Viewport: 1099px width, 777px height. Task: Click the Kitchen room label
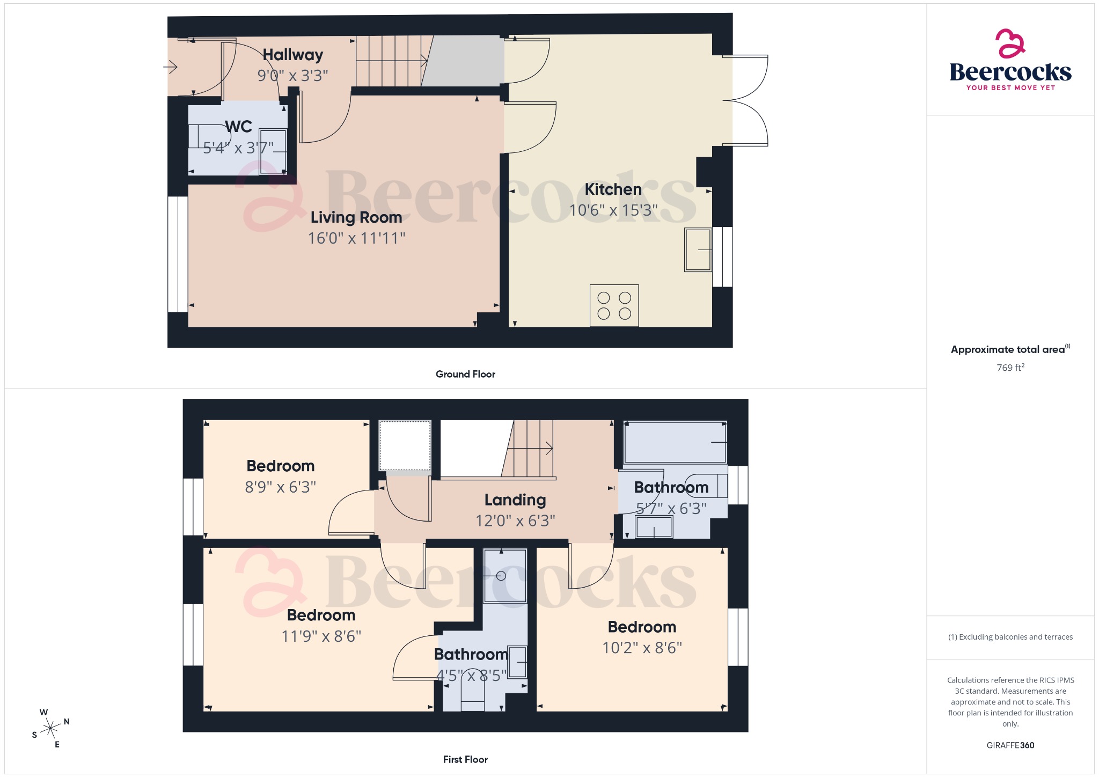point(613,189)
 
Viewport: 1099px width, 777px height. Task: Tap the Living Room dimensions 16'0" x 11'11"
point(356,238)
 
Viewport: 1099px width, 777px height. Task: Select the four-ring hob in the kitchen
point(614,305)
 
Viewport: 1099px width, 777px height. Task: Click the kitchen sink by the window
point(698,250)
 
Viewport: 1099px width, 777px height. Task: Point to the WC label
point(238,127)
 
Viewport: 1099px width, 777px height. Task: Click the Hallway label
point(292,55)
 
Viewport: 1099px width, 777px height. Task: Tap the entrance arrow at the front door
point(170,67)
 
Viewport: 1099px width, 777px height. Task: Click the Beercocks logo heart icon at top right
point(1010,43)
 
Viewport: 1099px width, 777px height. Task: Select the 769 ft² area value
point(1010,368)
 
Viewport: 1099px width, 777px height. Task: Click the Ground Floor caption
point(465,374)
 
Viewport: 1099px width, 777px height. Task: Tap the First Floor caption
point(465,759)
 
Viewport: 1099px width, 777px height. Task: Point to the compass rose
point(50,728)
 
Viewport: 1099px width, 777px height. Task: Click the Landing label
point(515,500)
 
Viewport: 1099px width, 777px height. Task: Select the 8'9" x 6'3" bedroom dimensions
point(280,487)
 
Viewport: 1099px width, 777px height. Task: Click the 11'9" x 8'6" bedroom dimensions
point(321,636)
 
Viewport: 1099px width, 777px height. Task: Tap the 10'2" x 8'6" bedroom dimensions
point(642,648)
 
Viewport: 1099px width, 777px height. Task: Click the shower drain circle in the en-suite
point(501,576)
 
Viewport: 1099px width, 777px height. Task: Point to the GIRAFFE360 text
point(1010,745)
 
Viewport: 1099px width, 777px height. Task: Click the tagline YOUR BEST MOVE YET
point(1010,87)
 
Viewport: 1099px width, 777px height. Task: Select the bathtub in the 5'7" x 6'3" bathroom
point(675,443)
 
